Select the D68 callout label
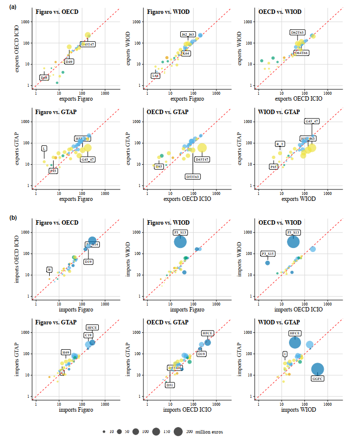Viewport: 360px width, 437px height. tap(44, 78)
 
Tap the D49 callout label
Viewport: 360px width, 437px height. tap(70, 62)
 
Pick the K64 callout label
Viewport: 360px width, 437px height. tap(186, 53)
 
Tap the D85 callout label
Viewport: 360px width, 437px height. tap(159, 167)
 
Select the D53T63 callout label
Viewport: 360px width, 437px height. tap(193, 176)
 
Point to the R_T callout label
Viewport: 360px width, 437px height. tap(280, 144)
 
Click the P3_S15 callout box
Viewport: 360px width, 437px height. tap(269, 253)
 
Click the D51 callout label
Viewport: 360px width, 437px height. tap(170, 385)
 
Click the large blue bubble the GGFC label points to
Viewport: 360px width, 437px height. tap(318, 369)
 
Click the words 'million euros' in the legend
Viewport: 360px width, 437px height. tap(209, 432)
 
